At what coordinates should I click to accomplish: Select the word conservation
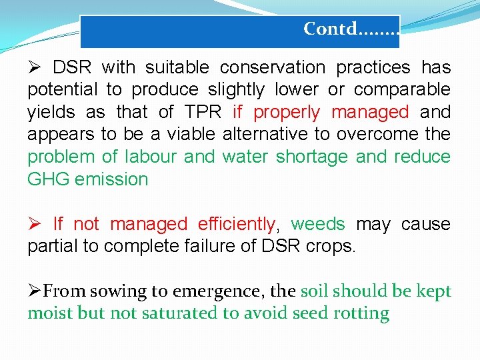point(272,67)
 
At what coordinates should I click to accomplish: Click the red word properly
point(287,112)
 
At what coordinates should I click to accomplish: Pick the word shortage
point(312,157)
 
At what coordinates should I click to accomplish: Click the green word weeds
point(318,224)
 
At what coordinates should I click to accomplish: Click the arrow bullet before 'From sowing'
point(35,291)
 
